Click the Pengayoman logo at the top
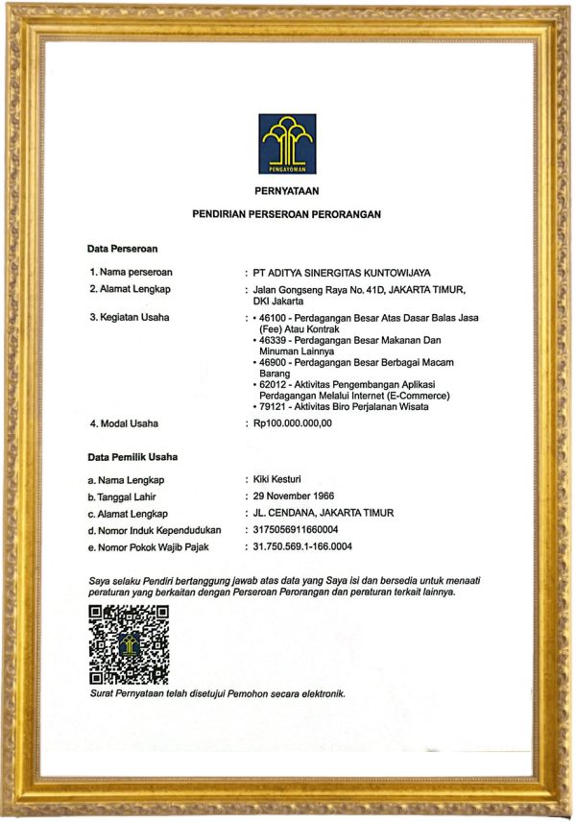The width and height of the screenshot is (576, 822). [287, 144]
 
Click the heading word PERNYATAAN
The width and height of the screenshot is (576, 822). [287, 190]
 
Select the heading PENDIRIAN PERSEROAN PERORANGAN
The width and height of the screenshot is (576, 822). [287, 215]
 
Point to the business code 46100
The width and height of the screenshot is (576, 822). [275, 318]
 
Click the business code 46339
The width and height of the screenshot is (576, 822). [275, 340]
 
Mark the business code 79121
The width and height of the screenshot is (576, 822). [275, 406]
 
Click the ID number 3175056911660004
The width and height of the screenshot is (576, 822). [298, 530]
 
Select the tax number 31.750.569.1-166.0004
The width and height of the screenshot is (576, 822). [304, 547]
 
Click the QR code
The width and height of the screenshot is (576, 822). [128, 644]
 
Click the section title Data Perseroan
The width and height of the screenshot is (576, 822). [122, 250]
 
